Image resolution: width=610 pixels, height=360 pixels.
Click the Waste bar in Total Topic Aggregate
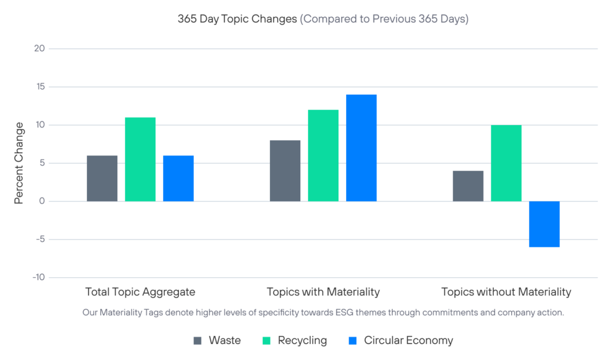(102, 178)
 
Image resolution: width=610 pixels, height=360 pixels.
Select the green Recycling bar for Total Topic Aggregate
(140, 159)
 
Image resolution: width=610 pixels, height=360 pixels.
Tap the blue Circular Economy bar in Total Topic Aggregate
(178, 178)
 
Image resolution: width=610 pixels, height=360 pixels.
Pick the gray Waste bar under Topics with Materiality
(285, 170)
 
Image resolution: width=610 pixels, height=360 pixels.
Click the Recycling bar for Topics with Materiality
(323, 156)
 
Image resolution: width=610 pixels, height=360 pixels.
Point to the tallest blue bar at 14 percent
(361, 148)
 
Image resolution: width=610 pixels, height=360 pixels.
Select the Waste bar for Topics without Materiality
(468, 186)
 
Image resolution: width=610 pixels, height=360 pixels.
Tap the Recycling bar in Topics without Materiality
(506, 163)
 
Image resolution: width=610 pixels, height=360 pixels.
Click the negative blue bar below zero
(544, 224)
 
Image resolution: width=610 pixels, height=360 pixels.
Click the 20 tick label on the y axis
(39, 49)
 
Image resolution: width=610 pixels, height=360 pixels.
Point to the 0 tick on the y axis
(42, 201)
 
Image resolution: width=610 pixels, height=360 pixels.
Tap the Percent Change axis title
(19, 163)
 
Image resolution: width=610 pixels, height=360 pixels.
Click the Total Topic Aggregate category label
(140, 292)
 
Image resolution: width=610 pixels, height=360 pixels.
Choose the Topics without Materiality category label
(506, 292)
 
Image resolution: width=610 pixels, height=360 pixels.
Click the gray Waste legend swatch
(198, 341)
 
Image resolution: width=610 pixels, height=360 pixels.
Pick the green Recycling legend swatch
(267, 341)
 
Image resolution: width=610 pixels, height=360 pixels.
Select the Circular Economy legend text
(409, 341)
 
